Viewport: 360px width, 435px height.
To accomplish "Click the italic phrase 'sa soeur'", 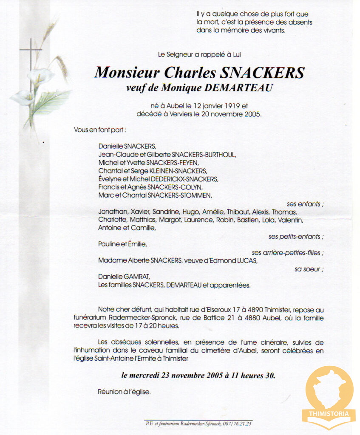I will point(308,269).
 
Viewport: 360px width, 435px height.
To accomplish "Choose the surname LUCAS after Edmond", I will point(245,260).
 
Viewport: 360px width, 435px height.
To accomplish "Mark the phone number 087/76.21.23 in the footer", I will point(240,423).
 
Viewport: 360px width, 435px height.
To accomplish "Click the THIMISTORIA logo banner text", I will point(329,413).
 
